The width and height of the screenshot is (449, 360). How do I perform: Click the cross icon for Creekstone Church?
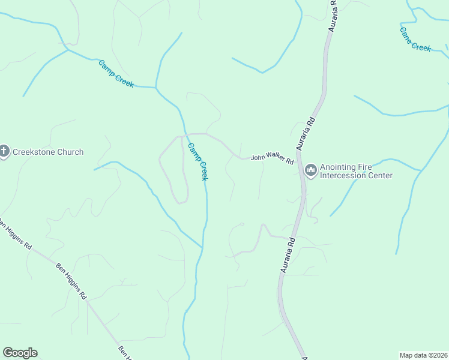[x=4, y=152]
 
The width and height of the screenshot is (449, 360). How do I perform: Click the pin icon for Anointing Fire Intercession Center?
[x=311, y=171]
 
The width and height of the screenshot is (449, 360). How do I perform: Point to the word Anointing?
[x=340, y=167]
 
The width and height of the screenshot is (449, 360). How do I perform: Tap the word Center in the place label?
[x=381, y=176]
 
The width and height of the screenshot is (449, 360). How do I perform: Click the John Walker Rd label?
[x=272, y=160]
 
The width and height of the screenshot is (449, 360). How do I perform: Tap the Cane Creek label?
[x=415, y=39]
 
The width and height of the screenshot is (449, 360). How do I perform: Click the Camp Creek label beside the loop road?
[x=198, y=161]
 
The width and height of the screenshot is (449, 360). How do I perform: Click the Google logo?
[x=20, y=353]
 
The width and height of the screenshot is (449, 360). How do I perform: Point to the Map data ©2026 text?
[x=423, y=355]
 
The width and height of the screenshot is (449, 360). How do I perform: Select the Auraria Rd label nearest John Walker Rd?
[x=305, y=133]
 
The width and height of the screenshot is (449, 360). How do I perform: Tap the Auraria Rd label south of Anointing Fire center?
[x=288, y=255]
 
